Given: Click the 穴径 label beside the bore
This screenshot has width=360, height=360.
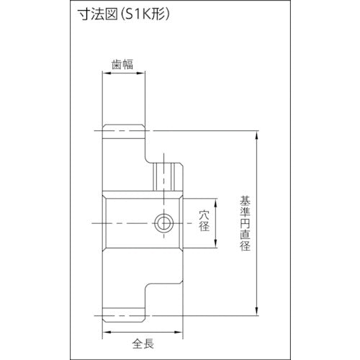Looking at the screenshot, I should pos(203,220).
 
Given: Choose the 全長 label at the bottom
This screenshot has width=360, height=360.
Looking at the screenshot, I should pos(142,343).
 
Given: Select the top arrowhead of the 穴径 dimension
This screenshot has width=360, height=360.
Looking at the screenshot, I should pos(213,198).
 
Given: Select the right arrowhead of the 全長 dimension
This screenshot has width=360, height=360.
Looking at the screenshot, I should pos(179,332).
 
